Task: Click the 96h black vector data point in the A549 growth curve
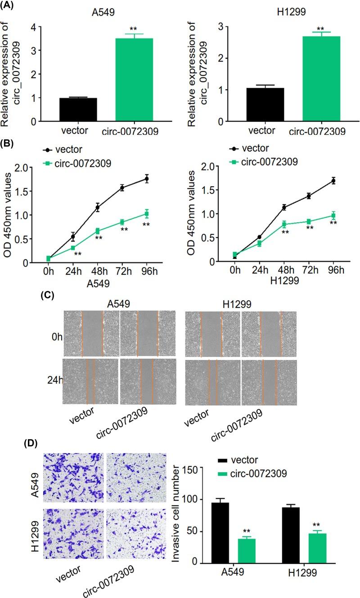146,179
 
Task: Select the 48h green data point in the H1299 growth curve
284,224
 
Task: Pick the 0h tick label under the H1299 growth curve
234,270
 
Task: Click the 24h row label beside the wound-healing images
55,381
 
